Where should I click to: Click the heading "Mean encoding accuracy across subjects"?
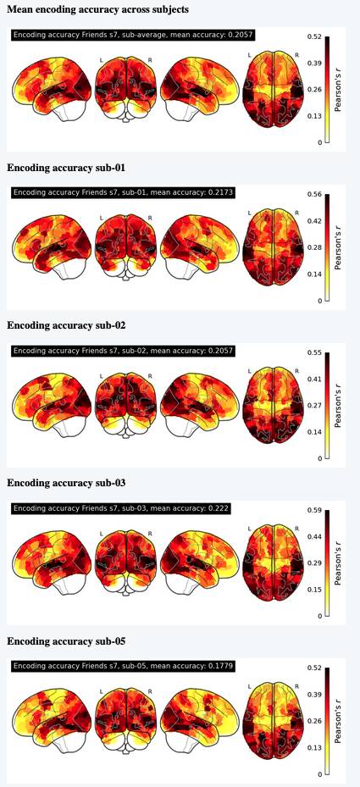tap(98, 10)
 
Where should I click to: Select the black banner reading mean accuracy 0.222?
tap(121, 508)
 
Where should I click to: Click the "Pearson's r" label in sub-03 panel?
tap(339, 563)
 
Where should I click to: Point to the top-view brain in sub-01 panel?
tap(273, 247)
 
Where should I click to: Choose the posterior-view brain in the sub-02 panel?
tap(126, 406)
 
